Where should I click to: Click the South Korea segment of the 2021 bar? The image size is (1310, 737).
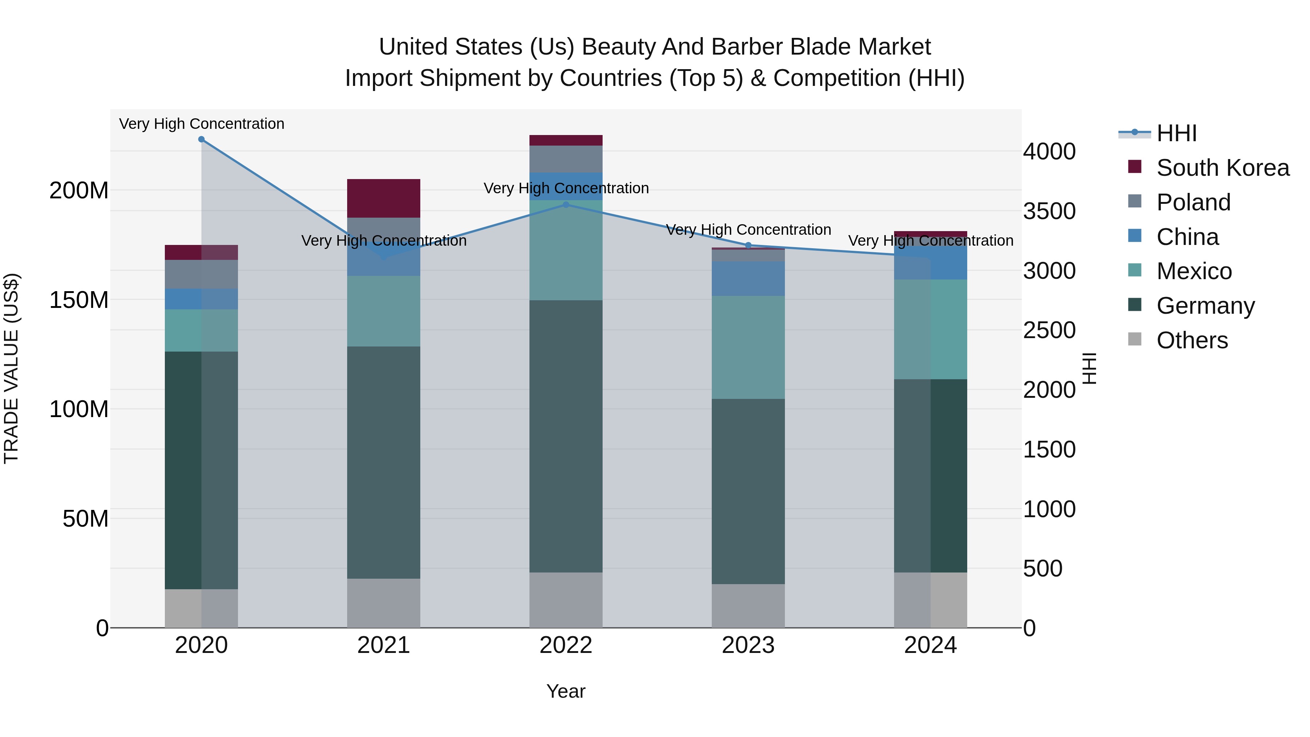384,198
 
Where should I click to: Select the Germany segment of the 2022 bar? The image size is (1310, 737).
565,436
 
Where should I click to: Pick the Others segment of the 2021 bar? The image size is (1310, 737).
384,603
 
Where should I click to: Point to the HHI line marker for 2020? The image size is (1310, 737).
201,139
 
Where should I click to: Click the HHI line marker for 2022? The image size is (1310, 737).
566,205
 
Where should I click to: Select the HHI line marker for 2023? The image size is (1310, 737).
748,245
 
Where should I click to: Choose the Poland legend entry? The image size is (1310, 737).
1193,202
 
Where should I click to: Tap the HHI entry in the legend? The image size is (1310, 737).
1176,133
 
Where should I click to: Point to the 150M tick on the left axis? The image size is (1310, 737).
79,300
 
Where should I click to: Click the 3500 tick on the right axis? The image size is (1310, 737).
1049,211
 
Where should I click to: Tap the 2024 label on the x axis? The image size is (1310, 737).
930,645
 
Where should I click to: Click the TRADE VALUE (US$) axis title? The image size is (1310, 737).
11,368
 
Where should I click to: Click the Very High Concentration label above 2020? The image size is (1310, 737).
201,124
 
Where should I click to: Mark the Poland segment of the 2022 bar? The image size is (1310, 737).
565,159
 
